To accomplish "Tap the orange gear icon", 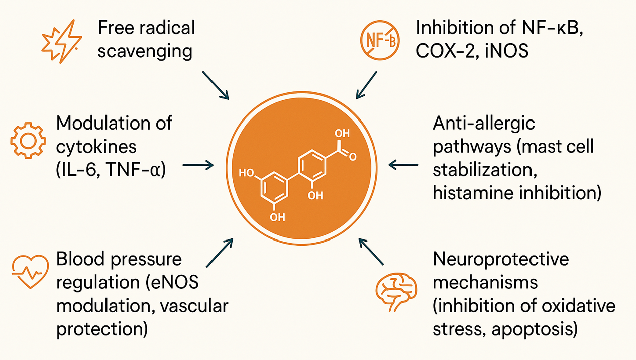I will [x=28, y=138].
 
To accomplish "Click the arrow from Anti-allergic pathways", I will [x=404, y=164].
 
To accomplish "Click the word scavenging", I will [x=145, y=52].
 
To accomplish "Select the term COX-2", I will [x=447, y=51].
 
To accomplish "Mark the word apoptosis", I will [x=535, y=330].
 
